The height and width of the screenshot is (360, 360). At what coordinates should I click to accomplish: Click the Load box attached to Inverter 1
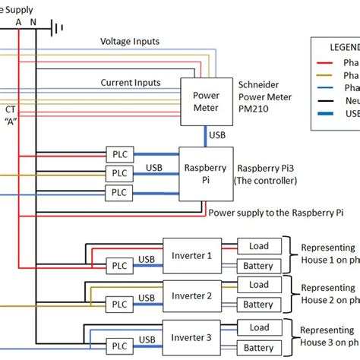(x=259, y=245)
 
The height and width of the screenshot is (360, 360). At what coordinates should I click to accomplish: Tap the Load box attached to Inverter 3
(x=259, y=327)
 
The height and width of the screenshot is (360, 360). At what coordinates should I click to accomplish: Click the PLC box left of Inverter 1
(x=118, y=265)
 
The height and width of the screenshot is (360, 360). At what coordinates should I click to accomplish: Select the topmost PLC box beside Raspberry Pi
(x=118, y=154)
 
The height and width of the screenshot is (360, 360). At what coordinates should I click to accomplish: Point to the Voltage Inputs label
(x=131, y=41)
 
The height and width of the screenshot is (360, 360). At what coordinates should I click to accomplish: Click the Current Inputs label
(x=131, y=82)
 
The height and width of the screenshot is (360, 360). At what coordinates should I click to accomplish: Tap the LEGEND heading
(x=339, y=46)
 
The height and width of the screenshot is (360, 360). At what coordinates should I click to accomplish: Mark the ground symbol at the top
(x=56, y=28)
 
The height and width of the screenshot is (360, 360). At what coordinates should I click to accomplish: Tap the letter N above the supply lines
(x=33, y=23)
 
